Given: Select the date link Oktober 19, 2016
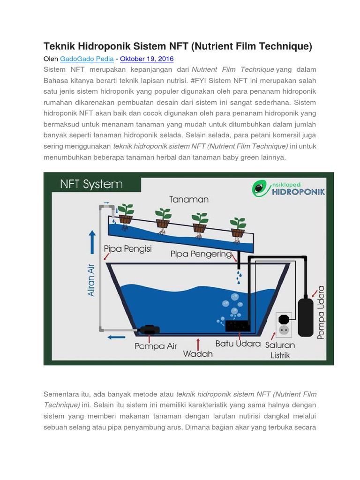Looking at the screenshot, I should [x=147, y=59].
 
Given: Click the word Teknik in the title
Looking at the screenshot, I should [x=60, y=46].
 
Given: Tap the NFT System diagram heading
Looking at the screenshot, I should [x=91, y=184].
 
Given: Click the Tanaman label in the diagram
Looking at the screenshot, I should [x=189, y=199].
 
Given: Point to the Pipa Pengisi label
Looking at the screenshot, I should [x=127, y=249].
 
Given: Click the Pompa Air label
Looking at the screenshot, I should [x=156, y=346].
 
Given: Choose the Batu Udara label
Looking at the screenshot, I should [x=238, y=344].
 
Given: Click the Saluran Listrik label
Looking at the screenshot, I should [x=280, y=350].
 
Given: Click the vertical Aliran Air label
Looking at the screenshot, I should [x=91, y=280].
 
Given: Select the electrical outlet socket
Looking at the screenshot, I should [x=283, y=324].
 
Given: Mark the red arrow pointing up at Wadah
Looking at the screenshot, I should [x=199, y=342].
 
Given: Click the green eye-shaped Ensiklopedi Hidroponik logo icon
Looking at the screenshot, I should [x=258, y=188].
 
